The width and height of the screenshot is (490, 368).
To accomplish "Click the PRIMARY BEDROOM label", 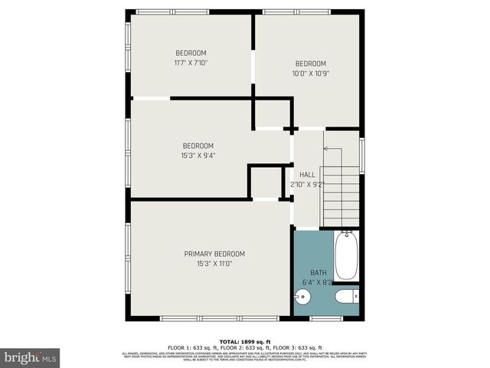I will coord(214,254).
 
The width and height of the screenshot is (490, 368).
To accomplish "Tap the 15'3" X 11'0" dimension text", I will coord(214,264).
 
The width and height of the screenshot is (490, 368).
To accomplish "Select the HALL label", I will coord(307,175).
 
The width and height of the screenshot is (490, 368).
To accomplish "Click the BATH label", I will coord(318,272).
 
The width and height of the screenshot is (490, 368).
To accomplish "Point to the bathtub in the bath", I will coord(345,257).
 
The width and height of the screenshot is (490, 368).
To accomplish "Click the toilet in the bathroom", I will coord(345,297).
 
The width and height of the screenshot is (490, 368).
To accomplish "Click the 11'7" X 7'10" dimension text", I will coord(191,63).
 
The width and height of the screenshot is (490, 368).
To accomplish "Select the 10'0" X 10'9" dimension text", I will coord(311,74).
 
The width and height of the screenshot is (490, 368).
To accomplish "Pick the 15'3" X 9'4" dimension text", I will coord(198,156).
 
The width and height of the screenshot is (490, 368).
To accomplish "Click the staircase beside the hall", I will coord(341,195).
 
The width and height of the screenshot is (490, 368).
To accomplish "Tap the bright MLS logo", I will coord(30,357).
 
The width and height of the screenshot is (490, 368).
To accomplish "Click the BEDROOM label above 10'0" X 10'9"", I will coord(311,64).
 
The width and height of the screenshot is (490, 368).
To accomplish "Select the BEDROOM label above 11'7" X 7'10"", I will coord(191,53).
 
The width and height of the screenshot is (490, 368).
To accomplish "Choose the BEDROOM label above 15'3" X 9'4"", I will coord(198,146).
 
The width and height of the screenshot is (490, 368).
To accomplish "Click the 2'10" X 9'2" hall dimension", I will coord(307,185).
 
